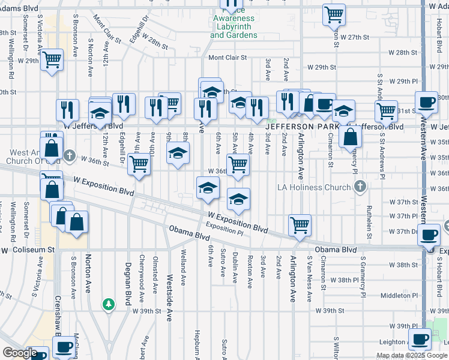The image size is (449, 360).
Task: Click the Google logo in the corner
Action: [x=19, y=353]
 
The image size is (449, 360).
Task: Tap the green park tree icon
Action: [x=108, y=305]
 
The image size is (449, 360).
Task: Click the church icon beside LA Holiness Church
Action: [x=360, y=187]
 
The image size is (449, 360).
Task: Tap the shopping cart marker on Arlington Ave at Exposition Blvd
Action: [x=300, y=226]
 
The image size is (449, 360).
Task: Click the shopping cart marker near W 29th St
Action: [x=52, y=60]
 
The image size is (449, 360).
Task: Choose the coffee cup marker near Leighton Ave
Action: [x=420, y=340]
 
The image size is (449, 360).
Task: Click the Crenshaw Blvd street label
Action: [x=59, y=317]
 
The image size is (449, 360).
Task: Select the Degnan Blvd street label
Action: [x=128, y=285]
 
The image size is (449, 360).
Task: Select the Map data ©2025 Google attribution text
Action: [x=411, y=355]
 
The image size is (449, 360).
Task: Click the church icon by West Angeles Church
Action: [x=70, y=156]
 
